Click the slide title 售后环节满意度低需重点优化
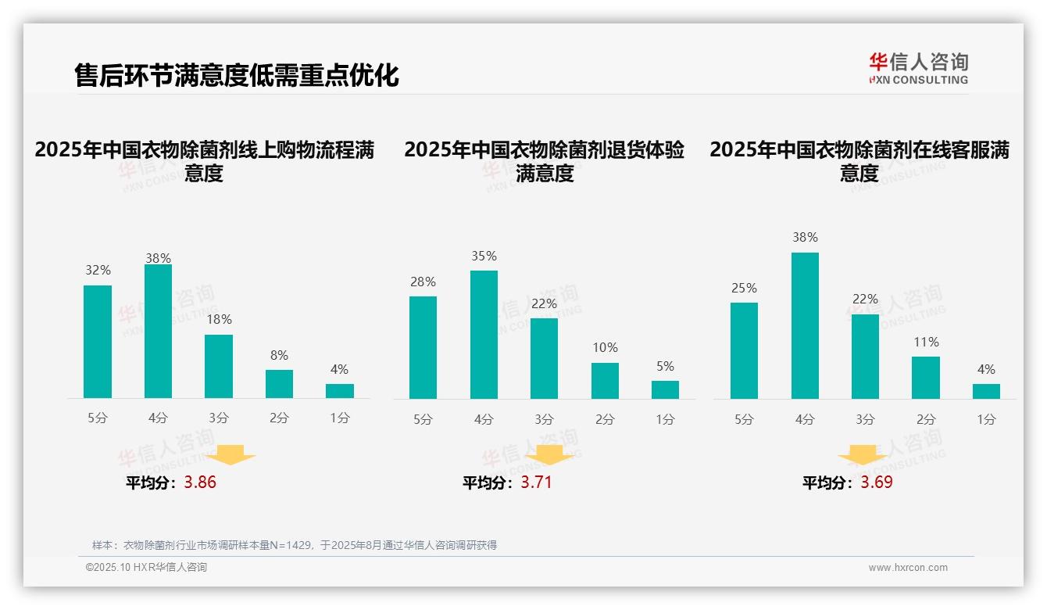[x=236, y=75]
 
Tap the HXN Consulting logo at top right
[x=918, y=69]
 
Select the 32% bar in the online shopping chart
[x=98, y=342]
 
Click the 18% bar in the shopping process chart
[x=219, y=367]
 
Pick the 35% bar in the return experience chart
[x=484, y=335]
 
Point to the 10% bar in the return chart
[x=605, y=381]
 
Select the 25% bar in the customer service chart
[x=744, y=350]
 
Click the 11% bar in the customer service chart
[x=926, y=378]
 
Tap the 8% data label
[x=279, y=354]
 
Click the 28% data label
[x=423, y=282]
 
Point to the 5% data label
[x=665, y=366]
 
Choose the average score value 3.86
[x=200, y=483]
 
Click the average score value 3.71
[x=536, y=483]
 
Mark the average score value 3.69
[x=877, y=483]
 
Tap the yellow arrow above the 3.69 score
[x=863, y=457]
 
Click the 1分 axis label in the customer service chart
[x=986, y=419]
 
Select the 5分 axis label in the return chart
[x=423, y=419]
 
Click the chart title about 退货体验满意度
[x=544, y=161]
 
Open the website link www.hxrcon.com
[x=908, y=568]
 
